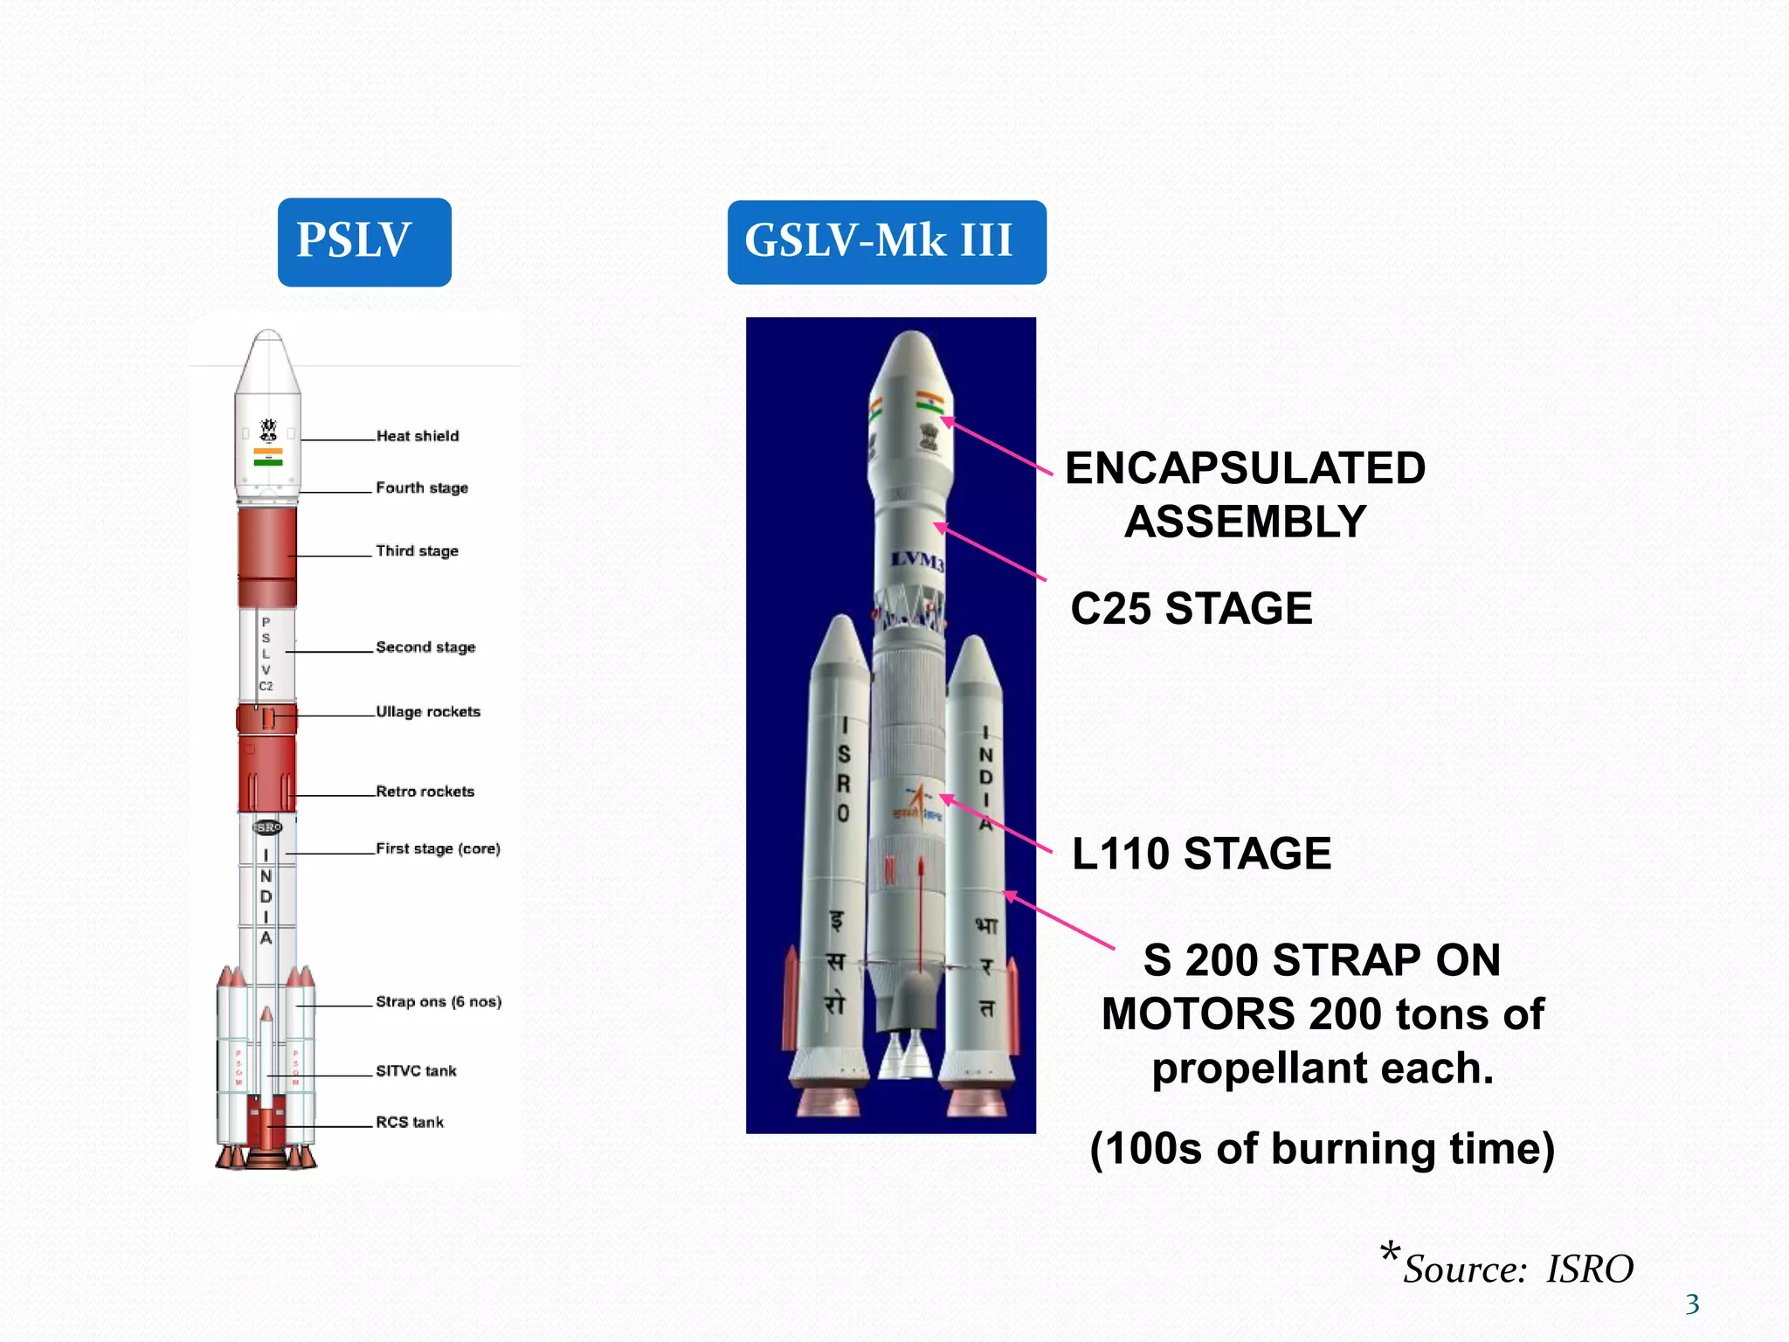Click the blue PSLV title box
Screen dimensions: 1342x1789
tap(364, 241)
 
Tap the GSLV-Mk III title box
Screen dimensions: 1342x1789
tap(887, 241)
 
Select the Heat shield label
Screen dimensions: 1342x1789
tap(418, 436)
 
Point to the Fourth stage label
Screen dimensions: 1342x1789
tap(422, 488)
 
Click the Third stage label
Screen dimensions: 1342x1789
tap(417, 550)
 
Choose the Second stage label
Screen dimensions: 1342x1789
tap(425, 647)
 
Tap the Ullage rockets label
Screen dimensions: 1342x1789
tap(428, 711)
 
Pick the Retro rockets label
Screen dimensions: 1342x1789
tap(425, 791)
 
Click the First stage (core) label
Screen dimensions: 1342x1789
tap(438, 848)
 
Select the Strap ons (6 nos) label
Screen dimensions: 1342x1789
tap(439, 1001)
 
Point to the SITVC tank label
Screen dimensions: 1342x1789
tap(416, 1070)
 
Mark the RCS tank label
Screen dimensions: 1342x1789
tap(410, 1122)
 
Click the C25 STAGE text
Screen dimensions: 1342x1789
tap(1192, 608)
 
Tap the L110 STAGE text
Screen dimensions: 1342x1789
tap(1201, 854)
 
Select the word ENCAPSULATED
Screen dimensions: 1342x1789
tap(1245, 468)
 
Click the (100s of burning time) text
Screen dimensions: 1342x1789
tap(1323, 1148)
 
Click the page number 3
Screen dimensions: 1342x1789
tap(1692, 1304)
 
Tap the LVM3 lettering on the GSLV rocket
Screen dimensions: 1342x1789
tap(917, 560)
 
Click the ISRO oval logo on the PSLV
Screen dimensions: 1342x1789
tap(267, 827)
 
